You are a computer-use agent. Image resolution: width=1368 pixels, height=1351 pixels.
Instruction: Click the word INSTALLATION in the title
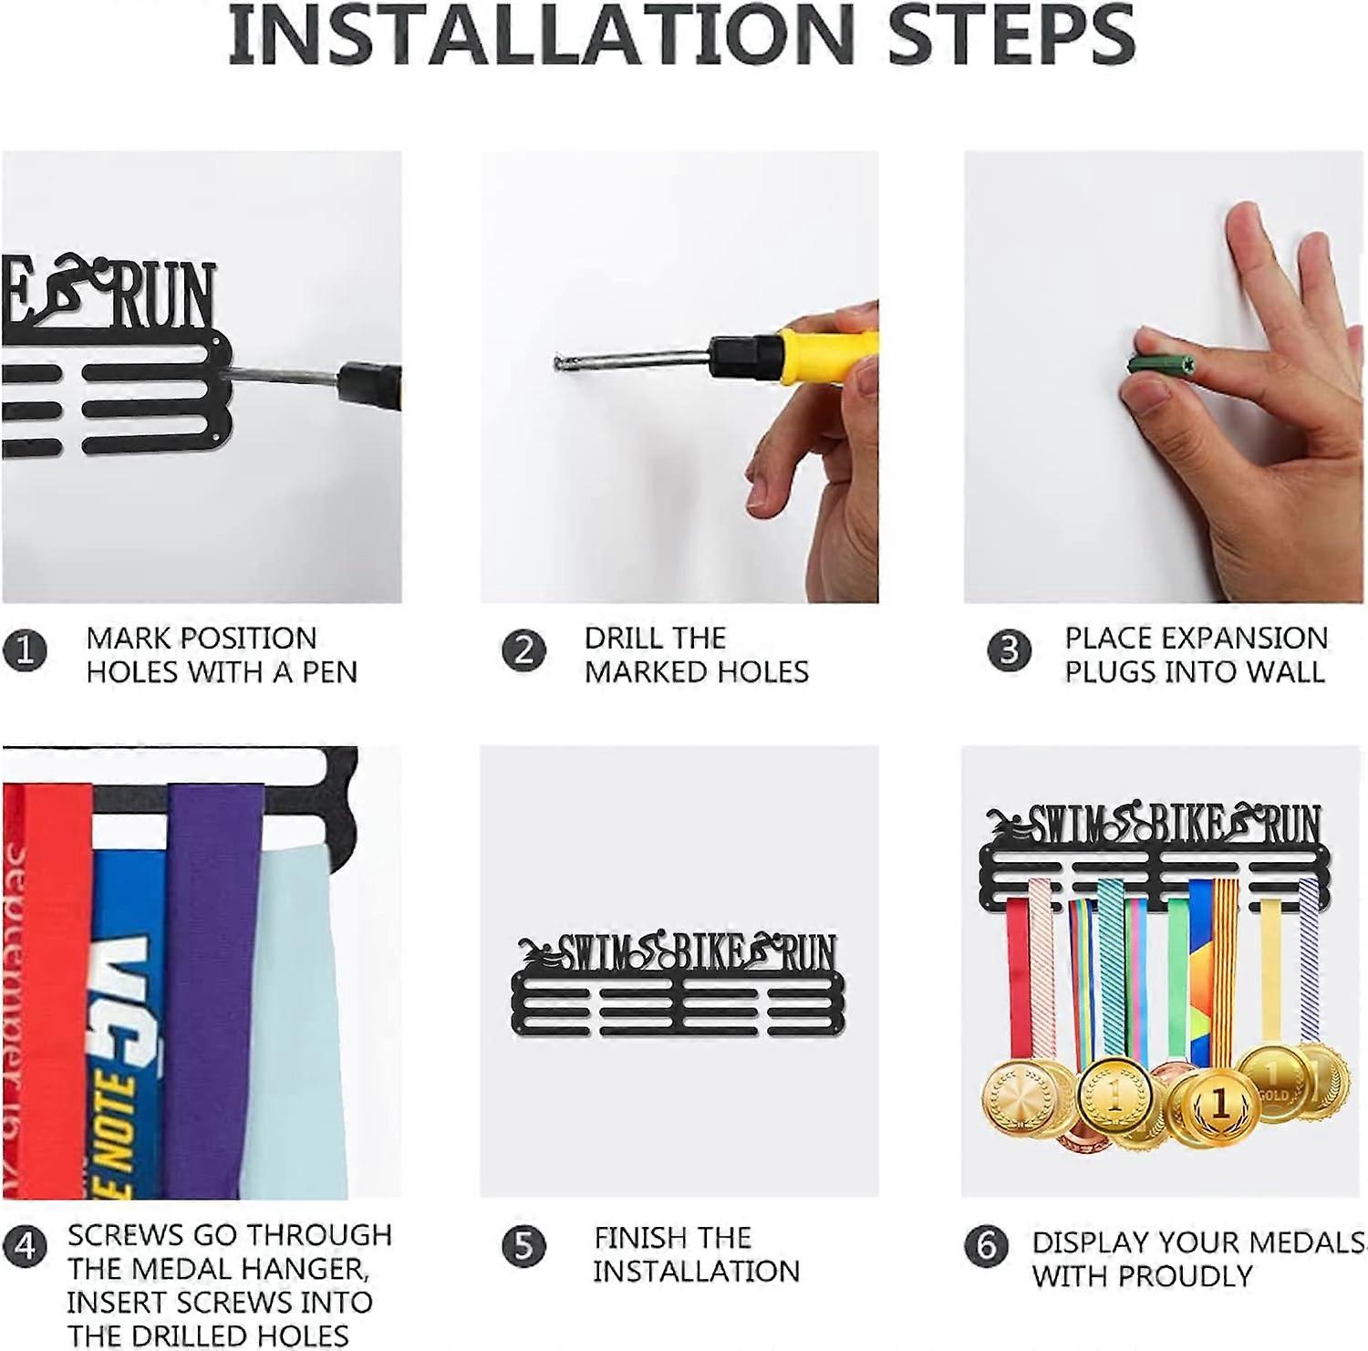(x=540, y=34)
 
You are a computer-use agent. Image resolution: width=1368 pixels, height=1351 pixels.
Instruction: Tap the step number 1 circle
(x=25, y=651)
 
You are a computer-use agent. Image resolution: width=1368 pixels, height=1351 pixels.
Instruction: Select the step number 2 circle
(x=523, y=651)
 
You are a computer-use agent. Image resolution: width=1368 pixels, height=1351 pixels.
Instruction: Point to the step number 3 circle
(x=1009, y=651)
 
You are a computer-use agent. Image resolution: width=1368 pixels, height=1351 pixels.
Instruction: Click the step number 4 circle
(x=25, y=1246)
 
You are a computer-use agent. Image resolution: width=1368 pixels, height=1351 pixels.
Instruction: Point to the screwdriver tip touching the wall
(x=558, y=362)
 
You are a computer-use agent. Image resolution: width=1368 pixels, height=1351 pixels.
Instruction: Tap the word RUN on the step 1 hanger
(x=164, y=295)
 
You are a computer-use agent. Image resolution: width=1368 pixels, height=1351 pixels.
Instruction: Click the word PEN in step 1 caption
(x=329, y=672)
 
